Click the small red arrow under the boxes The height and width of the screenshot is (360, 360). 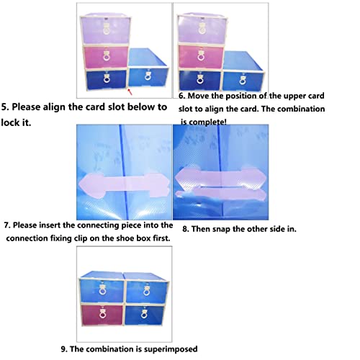tap(130, 92)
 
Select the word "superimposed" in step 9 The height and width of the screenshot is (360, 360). tap(166, 349)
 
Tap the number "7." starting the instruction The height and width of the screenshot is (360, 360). tap(7, 225)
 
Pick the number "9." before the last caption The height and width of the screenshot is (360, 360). tap(64, 349)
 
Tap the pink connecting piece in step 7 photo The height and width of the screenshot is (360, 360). tap(124, 186)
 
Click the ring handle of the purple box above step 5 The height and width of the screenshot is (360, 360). tap(106, 31)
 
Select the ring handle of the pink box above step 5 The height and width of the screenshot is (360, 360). tap(107, 57)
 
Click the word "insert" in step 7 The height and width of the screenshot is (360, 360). tap(50, 225)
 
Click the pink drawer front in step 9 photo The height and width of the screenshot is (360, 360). tap(102, 315)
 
